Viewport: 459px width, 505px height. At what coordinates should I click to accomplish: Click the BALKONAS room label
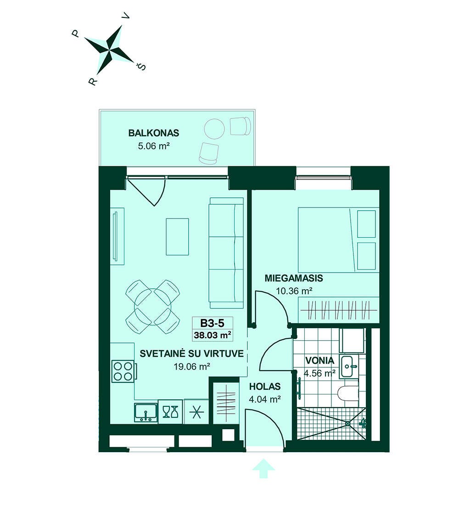(x=154, y=133)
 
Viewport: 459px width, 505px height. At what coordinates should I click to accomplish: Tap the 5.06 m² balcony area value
(x=154, y=146)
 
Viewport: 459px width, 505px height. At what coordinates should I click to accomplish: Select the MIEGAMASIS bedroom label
(x=294, y=278)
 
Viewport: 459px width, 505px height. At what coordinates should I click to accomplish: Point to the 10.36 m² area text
(x=294, y=291)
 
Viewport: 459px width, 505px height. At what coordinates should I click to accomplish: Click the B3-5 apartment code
(x=212, y=323)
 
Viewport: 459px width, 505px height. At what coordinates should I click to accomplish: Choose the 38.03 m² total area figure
(x=212, y=335)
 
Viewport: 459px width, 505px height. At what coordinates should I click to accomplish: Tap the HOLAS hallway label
(x=265, y=387)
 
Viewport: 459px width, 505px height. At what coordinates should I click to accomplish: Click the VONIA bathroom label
(x=319, y=361)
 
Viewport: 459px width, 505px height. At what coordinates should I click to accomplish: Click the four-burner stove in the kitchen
(x=123, y=371)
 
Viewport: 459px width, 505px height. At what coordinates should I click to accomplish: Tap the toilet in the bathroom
(x=348, y=393)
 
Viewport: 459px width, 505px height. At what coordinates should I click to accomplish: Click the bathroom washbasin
(x=349, y=366)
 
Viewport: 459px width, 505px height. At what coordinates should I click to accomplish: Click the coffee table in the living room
(x=177, y=237)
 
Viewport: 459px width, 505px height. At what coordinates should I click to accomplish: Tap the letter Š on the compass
(x=142, y=67)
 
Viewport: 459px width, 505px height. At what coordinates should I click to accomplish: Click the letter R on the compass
(x=92, y=82)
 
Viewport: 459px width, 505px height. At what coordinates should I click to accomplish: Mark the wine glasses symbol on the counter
(x=170, y=412)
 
